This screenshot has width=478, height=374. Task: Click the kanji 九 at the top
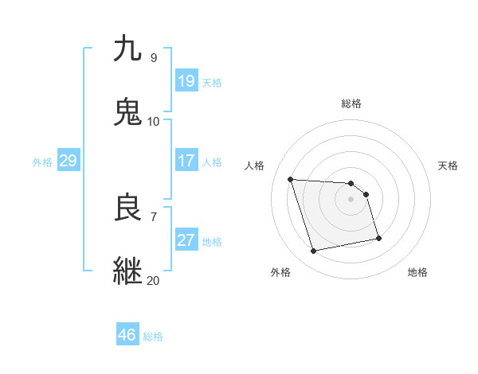[128, 49]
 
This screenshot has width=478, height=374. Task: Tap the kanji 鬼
[128, 112]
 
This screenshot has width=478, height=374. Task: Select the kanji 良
[128, 208]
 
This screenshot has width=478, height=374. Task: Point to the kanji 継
[128, 271]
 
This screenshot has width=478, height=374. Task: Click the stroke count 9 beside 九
[153, 57]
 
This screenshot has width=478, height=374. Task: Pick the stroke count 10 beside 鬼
[153, 121]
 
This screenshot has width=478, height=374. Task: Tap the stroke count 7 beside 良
[153, 216]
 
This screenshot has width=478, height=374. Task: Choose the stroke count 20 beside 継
[153, 280]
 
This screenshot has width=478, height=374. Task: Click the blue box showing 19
[186, 81]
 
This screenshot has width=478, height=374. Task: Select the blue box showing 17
[186, 161]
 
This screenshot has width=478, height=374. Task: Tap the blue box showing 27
[186, 240]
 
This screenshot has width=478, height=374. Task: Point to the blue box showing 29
[68, 161]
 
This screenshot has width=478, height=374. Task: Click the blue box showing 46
[127, 335]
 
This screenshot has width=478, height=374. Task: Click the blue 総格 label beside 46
[153, 337]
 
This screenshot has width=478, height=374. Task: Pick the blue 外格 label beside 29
[42, 162]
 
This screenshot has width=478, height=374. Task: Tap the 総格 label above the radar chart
[351, 103]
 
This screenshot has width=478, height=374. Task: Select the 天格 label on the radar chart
[448, 166]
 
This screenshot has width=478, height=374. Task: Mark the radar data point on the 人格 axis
[291, 179]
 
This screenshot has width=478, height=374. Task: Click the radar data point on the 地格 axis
[378, 238]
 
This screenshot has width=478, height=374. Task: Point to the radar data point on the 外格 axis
[314, 251]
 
